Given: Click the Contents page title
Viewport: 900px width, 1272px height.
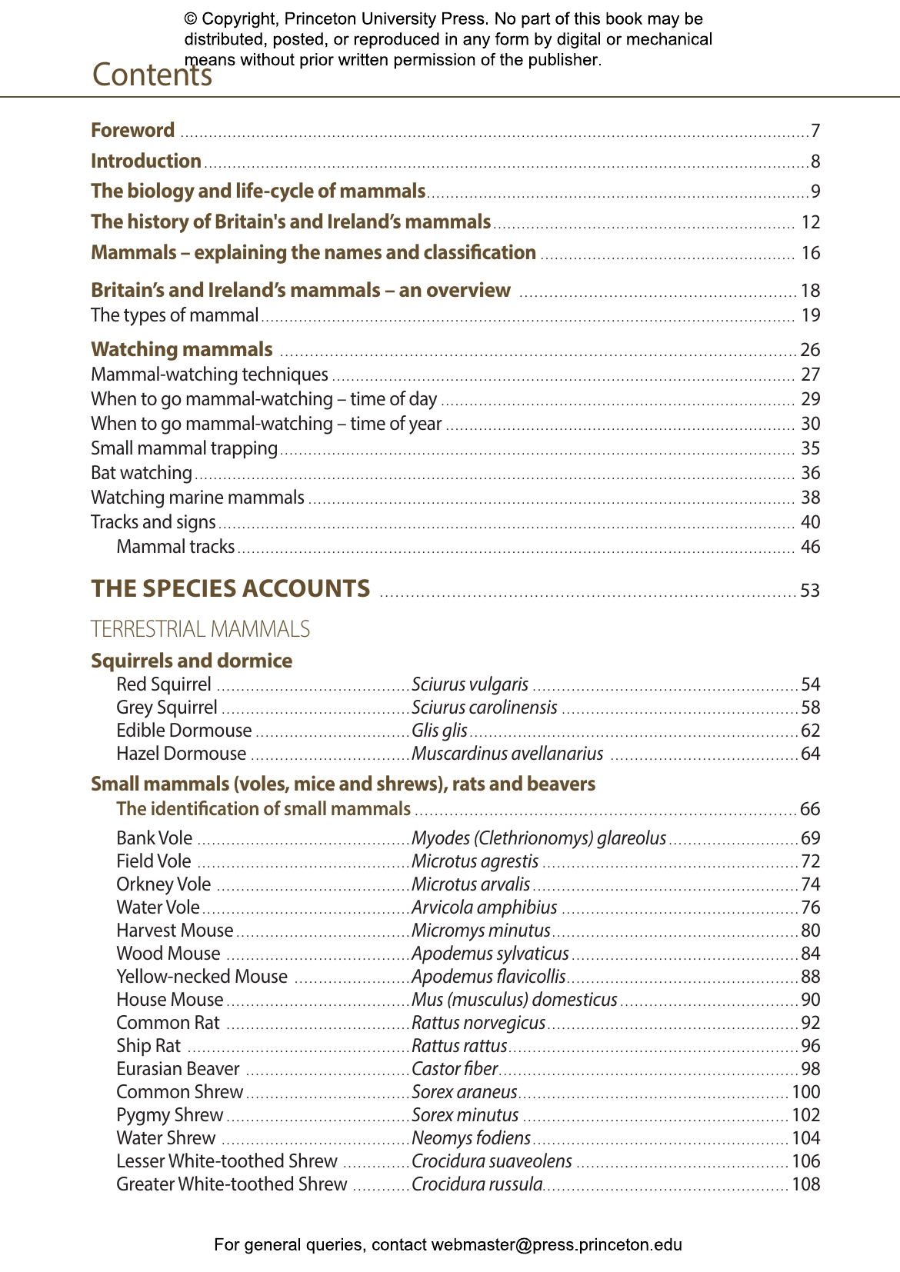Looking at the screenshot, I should (152, 75).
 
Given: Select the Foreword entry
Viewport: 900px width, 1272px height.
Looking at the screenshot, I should (132, 130).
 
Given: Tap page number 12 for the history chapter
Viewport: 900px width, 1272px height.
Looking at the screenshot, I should (810, 222).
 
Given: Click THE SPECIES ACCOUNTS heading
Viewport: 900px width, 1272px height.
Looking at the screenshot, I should (230, 588).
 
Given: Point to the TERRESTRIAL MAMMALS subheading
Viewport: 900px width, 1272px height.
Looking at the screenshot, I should (200, 629).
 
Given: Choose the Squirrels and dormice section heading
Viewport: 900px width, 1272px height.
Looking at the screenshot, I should (191, 661).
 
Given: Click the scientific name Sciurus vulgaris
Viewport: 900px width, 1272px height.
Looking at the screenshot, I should (470, 684).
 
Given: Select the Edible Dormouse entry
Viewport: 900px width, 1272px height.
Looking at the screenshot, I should (183, 731).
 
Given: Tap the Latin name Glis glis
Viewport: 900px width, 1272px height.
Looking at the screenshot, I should (439, 731).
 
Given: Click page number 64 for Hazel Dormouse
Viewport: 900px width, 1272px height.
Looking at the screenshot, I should (810, 754).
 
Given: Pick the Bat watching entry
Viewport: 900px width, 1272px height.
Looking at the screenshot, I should (141, 473).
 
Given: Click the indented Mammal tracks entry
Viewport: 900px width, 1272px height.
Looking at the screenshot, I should (175, 547).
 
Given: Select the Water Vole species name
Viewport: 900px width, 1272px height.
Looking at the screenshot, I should (157, 907).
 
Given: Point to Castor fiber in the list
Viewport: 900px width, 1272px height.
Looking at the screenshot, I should (455, 1069).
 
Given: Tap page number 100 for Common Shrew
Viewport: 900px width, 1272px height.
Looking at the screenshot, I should (805, 1092).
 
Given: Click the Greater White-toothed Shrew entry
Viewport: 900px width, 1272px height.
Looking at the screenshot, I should (231, 1184).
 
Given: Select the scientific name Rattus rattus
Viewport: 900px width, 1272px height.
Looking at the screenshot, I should (459, 1046).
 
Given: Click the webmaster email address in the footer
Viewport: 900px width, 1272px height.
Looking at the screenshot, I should (556, 1244).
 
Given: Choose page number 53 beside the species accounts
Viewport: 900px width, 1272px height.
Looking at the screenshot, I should (810, 591).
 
